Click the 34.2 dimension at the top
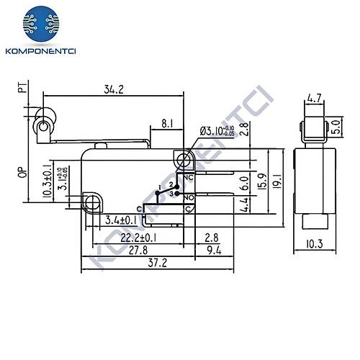[x=111, y=91]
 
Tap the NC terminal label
[x=189, y=177]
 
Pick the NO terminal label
[x=189, y=197]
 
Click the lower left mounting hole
[x=91, y=199]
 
